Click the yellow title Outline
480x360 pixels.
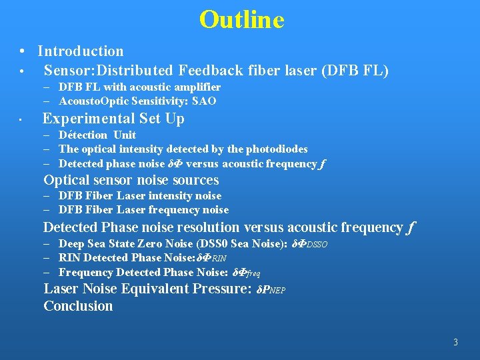[x=241, y=19]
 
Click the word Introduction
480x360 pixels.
[x=81, y=51]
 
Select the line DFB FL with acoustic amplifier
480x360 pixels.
[x=139, y=87]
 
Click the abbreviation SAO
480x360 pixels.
[x=204, y=101]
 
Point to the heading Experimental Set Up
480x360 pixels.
[x=113, y=119]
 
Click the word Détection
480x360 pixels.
[x=83, y=135]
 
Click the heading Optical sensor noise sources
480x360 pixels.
[x=131, y=180]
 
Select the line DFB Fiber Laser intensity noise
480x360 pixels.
[x=140, y=195]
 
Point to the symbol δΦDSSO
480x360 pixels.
[x=310, y=244]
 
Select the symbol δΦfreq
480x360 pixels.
[x=245, y=273]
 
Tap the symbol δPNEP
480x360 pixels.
[x=271, y=290]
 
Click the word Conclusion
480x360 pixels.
[x=78, y=306]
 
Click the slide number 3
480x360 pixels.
[x=455, y=343]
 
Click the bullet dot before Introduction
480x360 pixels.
[x=23, y=51]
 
